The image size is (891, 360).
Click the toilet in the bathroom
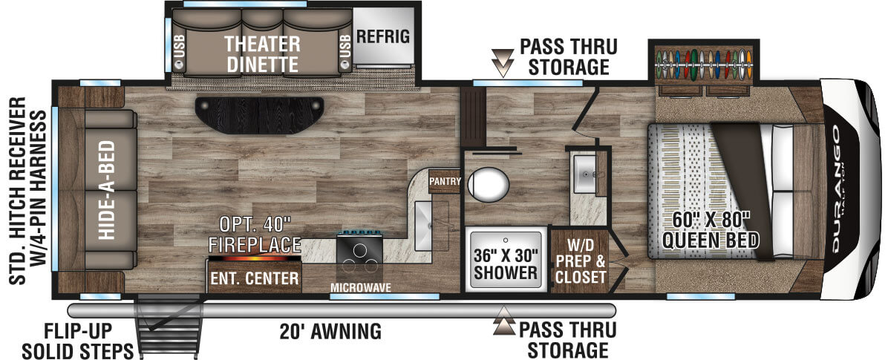[x=488, y=185]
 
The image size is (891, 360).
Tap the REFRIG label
[x=382, y=36]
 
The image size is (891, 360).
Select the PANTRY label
[x=445, y=181]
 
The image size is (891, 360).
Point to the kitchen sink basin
[x=423, y=226]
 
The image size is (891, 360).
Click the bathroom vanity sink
[x=584, y=174]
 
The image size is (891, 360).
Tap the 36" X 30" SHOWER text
[x=505, y=264]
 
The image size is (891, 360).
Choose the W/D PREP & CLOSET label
[x=581, y=261]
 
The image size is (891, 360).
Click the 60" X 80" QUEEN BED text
[x=711, y=230]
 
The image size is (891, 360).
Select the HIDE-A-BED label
[x=107, y=190]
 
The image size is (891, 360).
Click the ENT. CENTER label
[x=254, y=278]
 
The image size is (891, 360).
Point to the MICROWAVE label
[x=360, y=287]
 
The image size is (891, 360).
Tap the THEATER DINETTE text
[x=262, y=54]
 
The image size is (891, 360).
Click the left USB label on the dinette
[x=180, y=46]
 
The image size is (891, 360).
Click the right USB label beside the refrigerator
[x=345, y=46]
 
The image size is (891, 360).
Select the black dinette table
[x=259, y=115]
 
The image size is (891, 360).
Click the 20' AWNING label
[x=330, y=331]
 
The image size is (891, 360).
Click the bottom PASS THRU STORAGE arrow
[x=504, y=321]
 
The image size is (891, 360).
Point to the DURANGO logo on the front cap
[x=836, y=189]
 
